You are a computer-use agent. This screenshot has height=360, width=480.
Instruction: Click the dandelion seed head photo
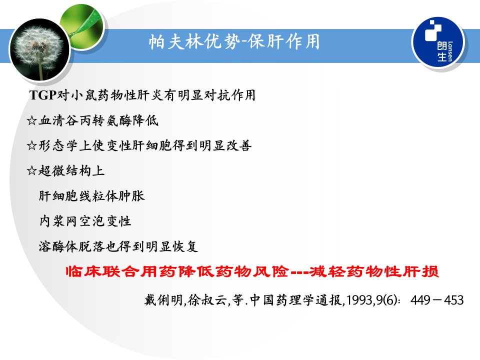pos(40,49)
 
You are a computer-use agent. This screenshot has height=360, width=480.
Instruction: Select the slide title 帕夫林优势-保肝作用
pos(234,42)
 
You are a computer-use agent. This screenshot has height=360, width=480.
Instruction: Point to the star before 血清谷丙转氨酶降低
pos(32,120)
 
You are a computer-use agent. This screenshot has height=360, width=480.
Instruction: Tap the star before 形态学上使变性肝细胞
pos(32,145)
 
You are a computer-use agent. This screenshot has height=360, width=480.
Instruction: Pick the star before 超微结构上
pos(32,170)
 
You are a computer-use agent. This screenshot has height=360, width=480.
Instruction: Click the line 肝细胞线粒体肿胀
pos(91,196)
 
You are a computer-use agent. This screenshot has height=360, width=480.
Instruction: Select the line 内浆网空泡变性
pos(85,221)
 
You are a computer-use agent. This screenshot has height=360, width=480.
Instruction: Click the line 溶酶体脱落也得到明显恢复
pos(118,246)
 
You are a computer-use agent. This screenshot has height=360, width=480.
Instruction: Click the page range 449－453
pos(437,300)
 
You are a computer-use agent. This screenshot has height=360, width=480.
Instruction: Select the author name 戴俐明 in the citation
pos(164,300)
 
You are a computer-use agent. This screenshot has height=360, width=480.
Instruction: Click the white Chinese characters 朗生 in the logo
pos(442,51)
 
